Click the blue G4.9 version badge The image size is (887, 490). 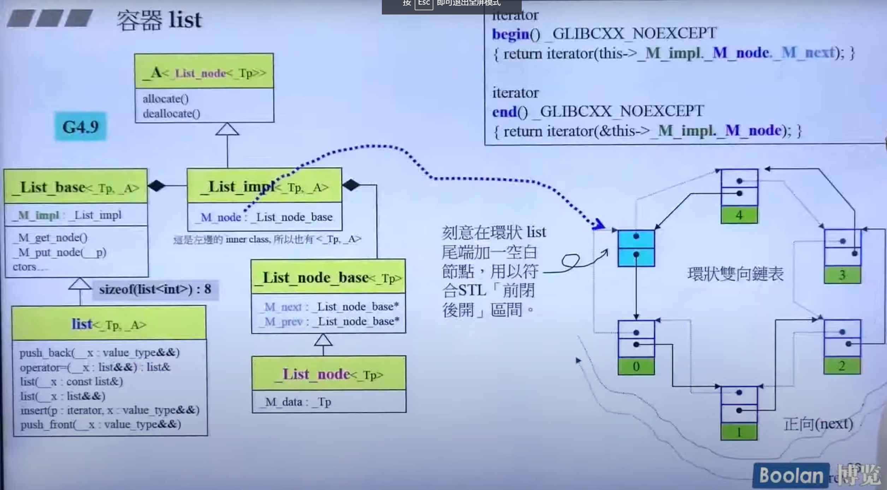point(81,127)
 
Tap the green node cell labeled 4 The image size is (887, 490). point(739,215)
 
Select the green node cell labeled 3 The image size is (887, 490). point(842,275)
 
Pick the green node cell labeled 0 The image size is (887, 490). point(636,366)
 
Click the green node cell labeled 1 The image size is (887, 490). point(739,432)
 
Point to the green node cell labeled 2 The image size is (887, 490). point(842,366)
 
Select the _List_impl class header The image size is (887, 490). point(264,186)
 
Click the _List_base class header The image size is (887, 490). point(76,187)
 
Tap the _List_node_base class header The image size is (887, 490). point(329,278)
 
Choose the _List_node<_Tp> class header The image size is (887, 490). point(329,374)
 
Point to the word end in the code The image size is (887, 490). point(504,112)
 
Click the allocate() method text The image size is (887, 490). point(165,99)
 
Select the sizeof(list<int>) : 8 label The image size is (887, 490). point(155,289)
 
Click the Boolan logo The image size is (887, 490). point(791,475)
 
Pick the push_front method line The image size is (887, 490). point(101,424)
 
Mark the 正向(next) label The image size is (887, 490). point(818,423)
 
